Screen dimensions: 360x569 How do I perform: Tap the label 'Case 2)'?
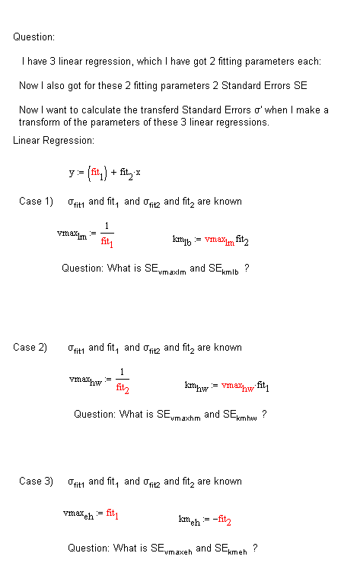[30, 348]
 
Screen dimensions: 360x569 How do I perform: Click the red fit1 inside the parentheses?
[97, 172]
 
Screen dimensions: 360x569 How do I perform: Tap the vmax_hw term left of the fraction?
[84, 380]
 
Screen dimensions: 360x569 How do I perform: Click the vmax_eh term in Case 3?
[79, 515]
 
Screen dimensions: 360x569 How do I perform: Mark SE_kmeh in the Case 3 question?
[231, 549]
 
